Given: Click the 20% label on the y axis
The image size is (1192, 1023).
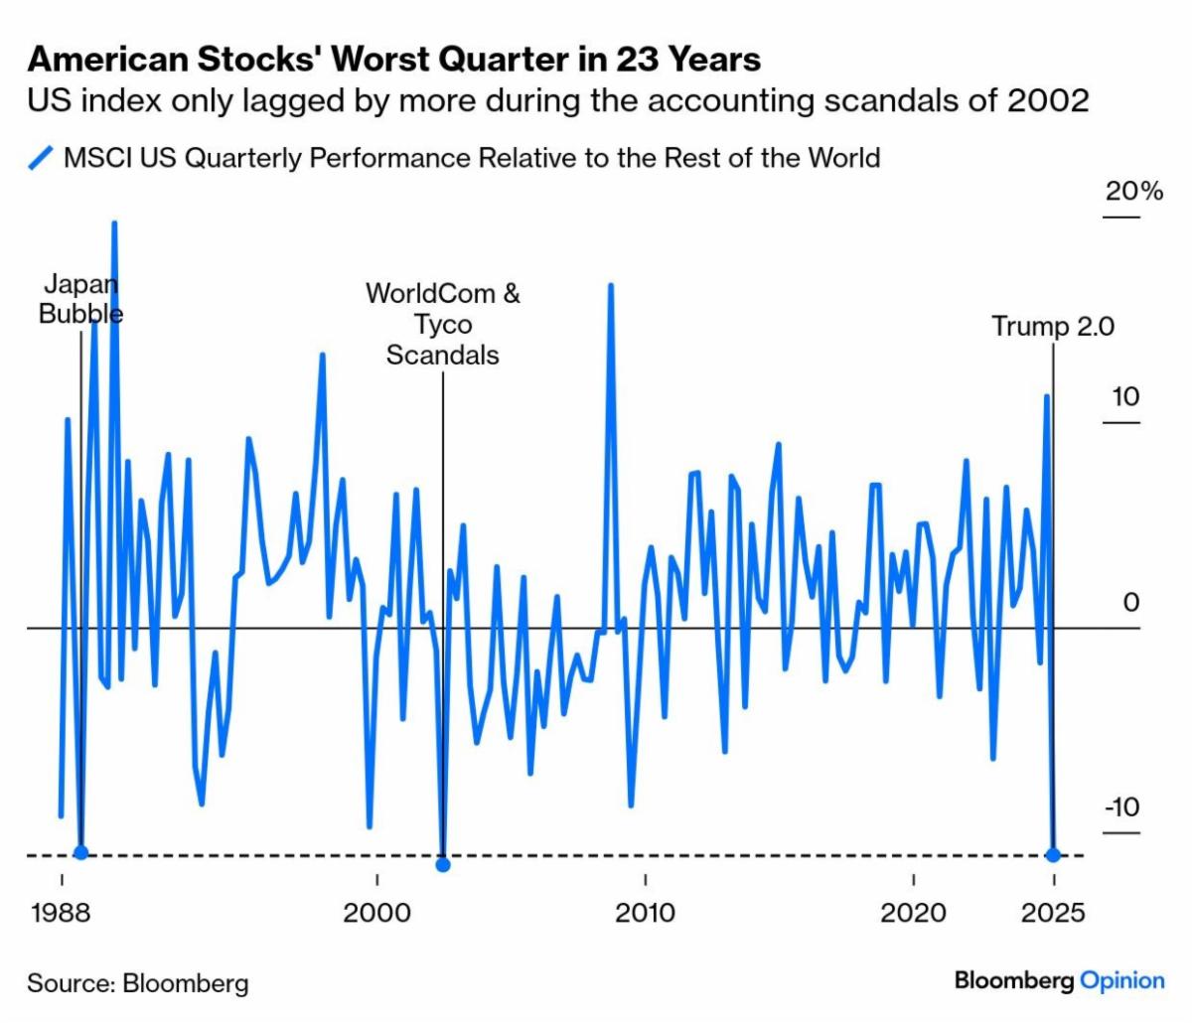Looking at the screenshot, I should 1133,191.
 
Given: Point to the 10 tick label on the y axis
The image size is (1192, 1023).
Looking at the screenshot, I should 1125,397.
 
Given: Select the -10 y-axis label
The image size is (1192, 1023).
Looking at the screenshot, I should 1122,807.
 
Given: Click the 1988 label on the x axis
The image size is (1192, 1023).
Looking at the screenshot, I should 62,913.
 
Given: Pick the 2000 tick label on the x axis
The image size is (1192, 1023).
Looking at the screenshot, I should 376,913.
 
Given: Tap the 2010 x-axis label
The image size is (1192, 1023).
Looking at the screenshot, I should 646,913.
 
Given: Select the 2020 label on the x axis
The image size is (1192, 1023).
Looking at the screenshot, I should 913,913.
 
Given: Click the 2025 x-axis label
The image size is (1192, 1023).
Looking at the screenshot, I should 1053,913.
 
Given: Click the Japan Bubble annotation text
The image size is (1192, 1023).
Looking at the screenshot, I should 80,300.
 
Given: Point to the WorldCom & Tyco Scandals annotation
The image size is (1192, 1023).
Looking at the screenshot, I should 443,325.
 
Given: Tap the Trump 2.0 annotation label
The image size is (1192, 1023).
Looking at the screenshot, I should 1053,326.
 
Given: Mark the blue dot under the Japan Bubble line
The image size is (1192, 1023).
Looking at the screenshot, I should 80,852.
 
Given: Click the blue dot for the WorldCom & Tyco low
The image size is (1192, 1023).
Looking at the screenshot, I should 443,865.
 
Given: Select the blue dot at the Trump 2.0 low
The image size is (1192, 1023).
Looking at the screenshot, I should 1053,854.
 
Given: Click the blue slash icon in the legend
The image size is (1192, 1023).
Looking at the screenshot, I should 42,158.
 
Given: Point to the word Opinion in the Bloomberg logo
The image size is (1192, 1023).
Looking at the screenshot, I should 1122,980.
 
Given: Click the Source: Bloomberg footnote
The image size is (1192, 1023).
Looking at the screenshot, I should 138,983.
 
